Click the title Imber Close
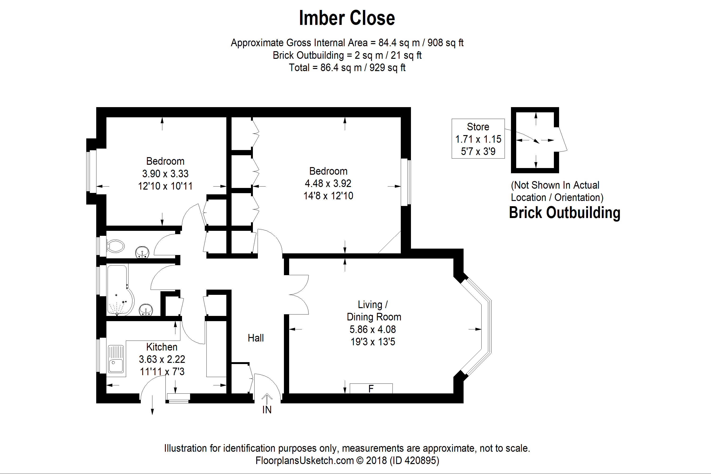[x=347, y=18]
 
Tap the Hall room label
[x=255, y=338]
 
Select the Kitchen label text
[x=162, y=347]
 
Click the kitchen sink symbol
[x=116, y=360]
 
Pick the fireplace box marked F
[x=371, y=388]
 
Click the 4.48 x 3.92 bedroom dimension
[x=328, y=183]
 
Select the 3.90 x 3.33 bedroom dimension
[x=165, y=174]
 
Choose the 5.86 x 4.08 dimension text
[x=372, y=329]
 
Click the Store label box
[x=478, y=139]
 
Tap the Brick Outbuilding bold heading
[x=564, y=213]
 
